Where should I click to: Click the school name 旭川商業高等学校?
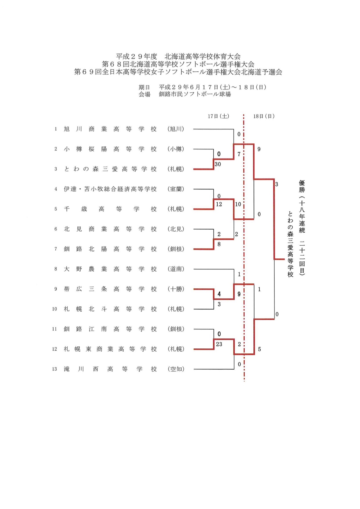[x=110, y=129]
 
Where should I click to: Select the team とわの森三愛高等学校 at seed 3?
[x=110, y=169]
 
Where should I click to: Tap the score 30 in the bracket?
[x=218, y=164]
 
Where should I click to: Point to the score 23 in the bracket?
[x=219, y=344]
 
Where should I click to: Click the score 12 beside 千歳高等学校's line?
[x=219, y=204]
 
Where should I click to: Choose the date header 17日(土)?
[x=218, y=116]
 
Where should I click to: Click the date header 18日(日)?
[x=264, y=116]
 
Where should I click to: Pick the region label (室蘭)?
[x=176, y=189]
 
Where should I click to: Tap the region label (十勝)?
[x=176, y=289]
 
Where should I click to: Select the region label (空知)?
[x=176, y=369]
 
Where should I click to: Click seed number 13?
[x=55, y=369]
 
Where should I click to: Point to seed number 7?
[x=56, y=249]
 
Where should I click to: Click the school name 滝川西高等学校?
[x=110, y=369]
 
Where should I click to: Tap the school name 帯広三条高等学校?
[x=110, y=289]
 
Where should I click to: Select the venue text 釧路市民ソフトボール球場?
[x=195, y=94]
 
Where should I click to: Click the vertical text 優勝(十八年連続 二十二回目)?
[x=302, y=228]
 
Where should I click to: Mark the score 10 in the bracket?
[x=238, y=204]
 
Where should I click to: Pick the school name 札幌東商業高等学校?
[x=110, y=349]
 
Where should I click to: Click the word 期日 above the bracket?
[x=144, y=87]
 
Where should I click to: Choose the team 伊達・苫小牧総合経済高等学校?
[x=110, y=189]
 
